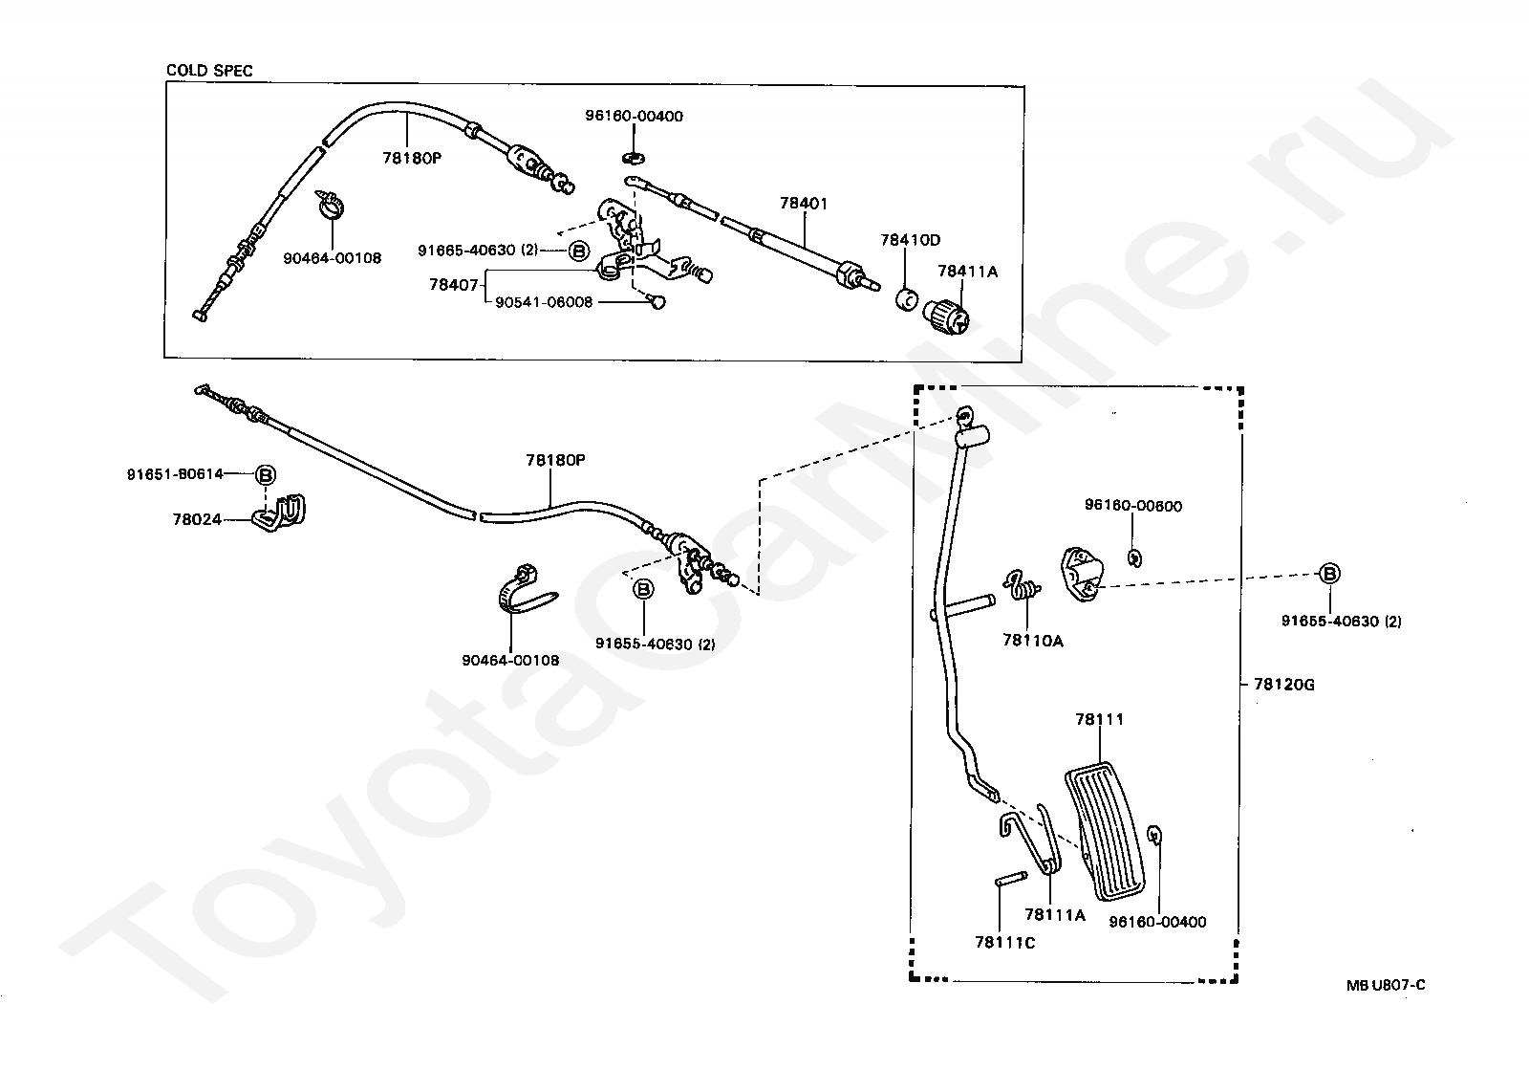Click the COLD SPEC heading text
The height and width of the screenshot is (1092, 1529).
coord(209,71)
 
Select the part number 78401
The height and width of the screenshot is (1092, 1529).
coord(803,204)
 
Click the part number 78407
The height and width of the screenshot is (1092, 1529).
coord(453,284)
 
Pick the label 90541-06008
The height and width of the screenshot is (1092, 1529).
coord(544,302)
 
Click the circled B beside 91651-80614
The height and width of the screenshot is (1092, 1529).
coord(266,474)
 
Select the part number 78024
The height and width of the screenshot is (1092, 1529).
coord(197,519)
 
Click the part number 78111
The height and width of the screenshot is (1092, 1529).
coord(1099,719)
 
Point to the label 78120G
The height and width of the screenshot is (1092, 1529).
coord(1282,685)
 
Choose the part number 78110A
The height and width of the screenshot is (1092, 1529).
coord(1032,641)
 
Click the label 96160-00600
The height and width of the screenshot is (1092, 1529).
coord(1132,506)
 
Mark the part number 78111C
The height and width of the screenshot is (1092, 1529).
coord(1004,942)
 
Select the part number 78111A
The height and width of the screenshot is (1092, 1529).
coord(1055,915)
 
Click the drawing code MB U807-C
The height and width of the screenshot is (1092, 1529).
coord(1386,986)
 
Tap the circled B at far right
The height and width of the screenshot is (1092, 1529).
coord(1328,574)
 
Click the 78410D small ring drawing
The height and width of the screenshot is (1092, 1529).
coord(906,299)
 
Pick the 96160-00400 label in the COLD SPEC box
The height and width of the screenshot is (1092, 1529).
coord(634,117)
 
